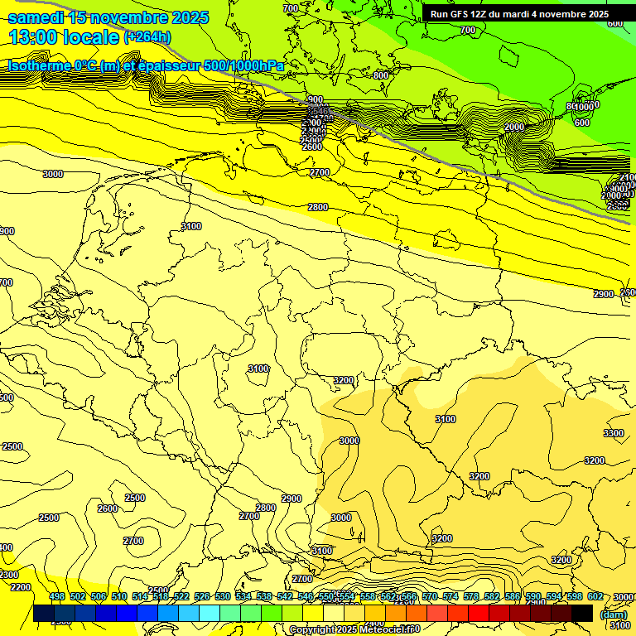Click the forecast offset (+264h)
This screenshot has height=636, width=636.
point(147,37)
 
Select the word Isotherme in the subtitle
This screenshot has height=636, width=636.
point(39,65)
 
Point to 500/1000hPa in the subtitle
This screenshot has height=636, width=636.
point(245,65)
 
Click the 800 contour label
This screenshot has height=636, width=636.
point(380,75)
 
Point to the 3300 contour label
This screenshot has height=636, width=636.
point(614,433)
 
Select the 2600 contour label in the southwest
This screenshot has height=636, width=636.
point(108,508)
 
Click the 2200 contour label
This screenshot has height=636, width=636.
point(21,587)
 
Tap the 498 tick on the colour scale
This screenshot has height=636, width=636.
point(56,596)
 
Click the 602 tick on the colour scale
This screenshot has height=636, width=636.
point(595,596)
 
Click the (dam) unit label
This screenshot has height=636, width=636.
point(612,614)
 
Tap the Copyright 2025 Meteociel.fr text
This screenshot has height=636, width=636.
point(354,630)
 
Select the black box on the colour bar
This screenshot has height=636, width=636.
point(582,613)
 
